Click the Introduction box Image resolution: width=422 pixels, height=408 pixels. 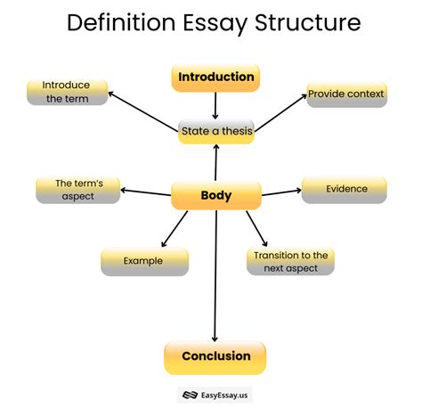[215, 78]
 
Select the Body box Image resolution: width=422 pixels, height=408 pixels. [215, 195]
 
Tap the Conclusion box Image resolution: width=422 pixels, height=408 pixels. [215, 356]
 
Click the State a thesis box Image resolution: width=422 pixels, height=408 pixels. [216, 132]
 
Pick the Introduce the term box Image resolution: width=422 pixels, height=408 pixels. [68, 92]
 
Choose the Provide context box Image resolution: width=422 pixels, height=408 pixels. [346, 94]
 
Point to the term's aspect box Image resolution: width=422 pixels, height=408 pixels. [77, 189]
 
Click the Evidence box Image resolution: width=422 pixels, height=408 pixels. [344, 189]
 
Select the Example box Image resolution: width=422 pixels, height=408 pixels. [144, 261]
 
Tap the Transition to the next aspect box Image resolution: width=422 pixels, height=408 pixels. [290, 260]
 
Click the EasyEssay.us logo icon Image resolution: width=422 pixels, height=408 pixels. [188, 394]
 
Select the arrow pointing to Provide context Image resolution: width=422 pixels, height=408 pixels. [280, 112]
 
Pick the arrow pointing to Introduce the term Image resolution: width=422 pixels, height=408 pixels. [147, 110]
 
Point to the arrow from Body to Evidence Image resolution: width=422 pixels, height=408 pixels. [280, 191]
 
